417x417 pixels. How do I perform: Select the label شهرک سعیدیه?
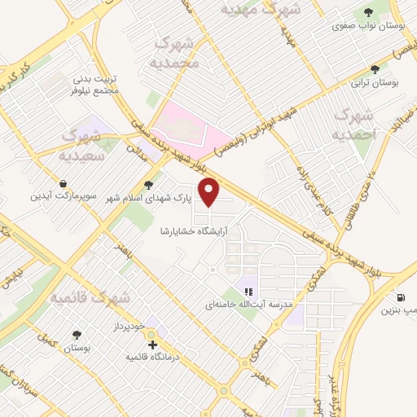(80, 143)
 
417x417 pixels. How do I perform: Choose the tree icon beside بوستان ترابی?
(375, 70)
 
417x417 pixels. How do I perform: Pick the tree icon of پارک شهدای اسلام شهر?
(147, 184)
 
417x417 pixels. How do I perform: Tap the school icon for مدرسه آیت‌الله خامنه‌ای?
(249, 291)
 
